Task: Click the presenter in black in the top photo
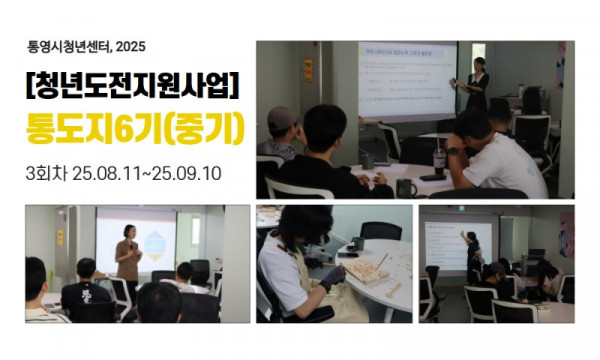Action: (x=476, y=85)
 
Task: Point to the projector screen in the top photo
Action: (x=405, y=77)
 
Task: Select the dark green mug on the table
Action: (x=406, y=187)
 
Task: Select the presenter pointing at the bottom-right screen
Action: (x=472, y=255)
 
